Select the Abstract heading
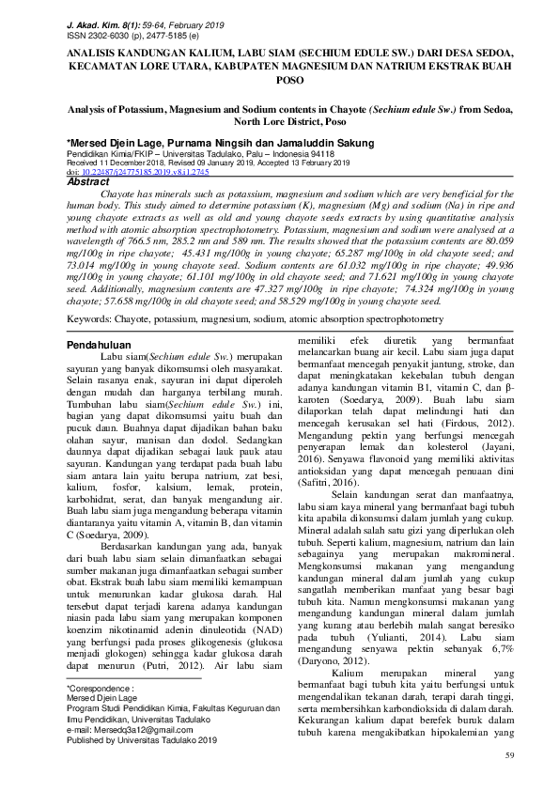(90, 182)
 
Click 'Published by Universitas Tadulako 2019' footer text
(144, 739)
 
